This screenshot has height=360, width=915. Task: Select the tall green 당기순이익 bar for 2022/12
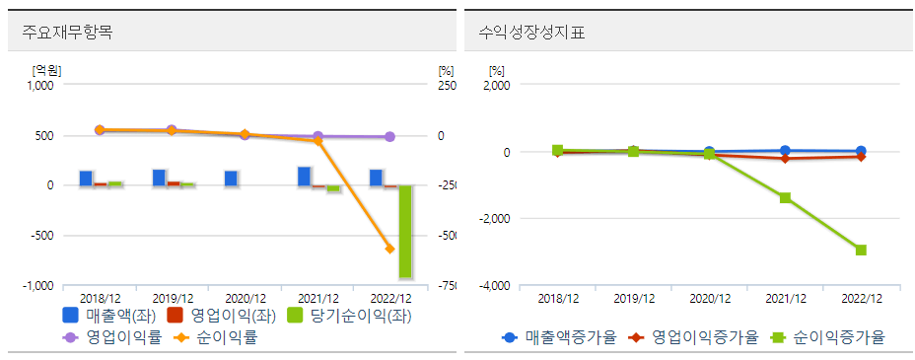(x=405, y=232)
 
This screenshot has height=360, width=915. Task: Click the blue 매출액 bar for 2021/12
(x=304, y=177)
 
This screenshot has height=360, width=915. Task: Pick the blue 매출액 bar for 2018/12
(x=86, y=179)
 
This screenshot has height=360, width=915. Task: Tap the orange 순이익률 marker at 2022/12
(x=389, y=249)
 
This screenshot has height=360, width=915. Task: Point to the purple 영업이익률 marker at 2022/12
(x=389, y=137)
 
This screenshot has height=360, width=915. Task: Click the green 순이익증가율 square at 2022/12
(x=861, y=250)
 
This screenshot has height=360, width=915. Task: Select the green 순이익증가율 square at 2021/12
(x=785, y=197)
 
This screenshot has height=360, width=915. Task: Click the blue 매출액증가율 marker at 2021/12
(x=785, y=151)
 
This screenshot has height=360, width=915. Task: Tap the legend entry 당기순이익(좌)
(x=348, y=317)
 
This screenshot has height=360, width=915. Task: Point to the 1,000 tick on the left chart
(x=39, y=85)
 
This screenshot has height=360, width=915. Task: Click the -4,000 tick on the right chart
(x=493, y=286)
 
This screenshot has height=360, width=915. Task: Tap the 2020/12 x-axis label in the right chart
(x=709, y=298)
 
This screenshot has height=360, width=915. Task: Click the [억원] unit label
(x=45, y=70)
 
